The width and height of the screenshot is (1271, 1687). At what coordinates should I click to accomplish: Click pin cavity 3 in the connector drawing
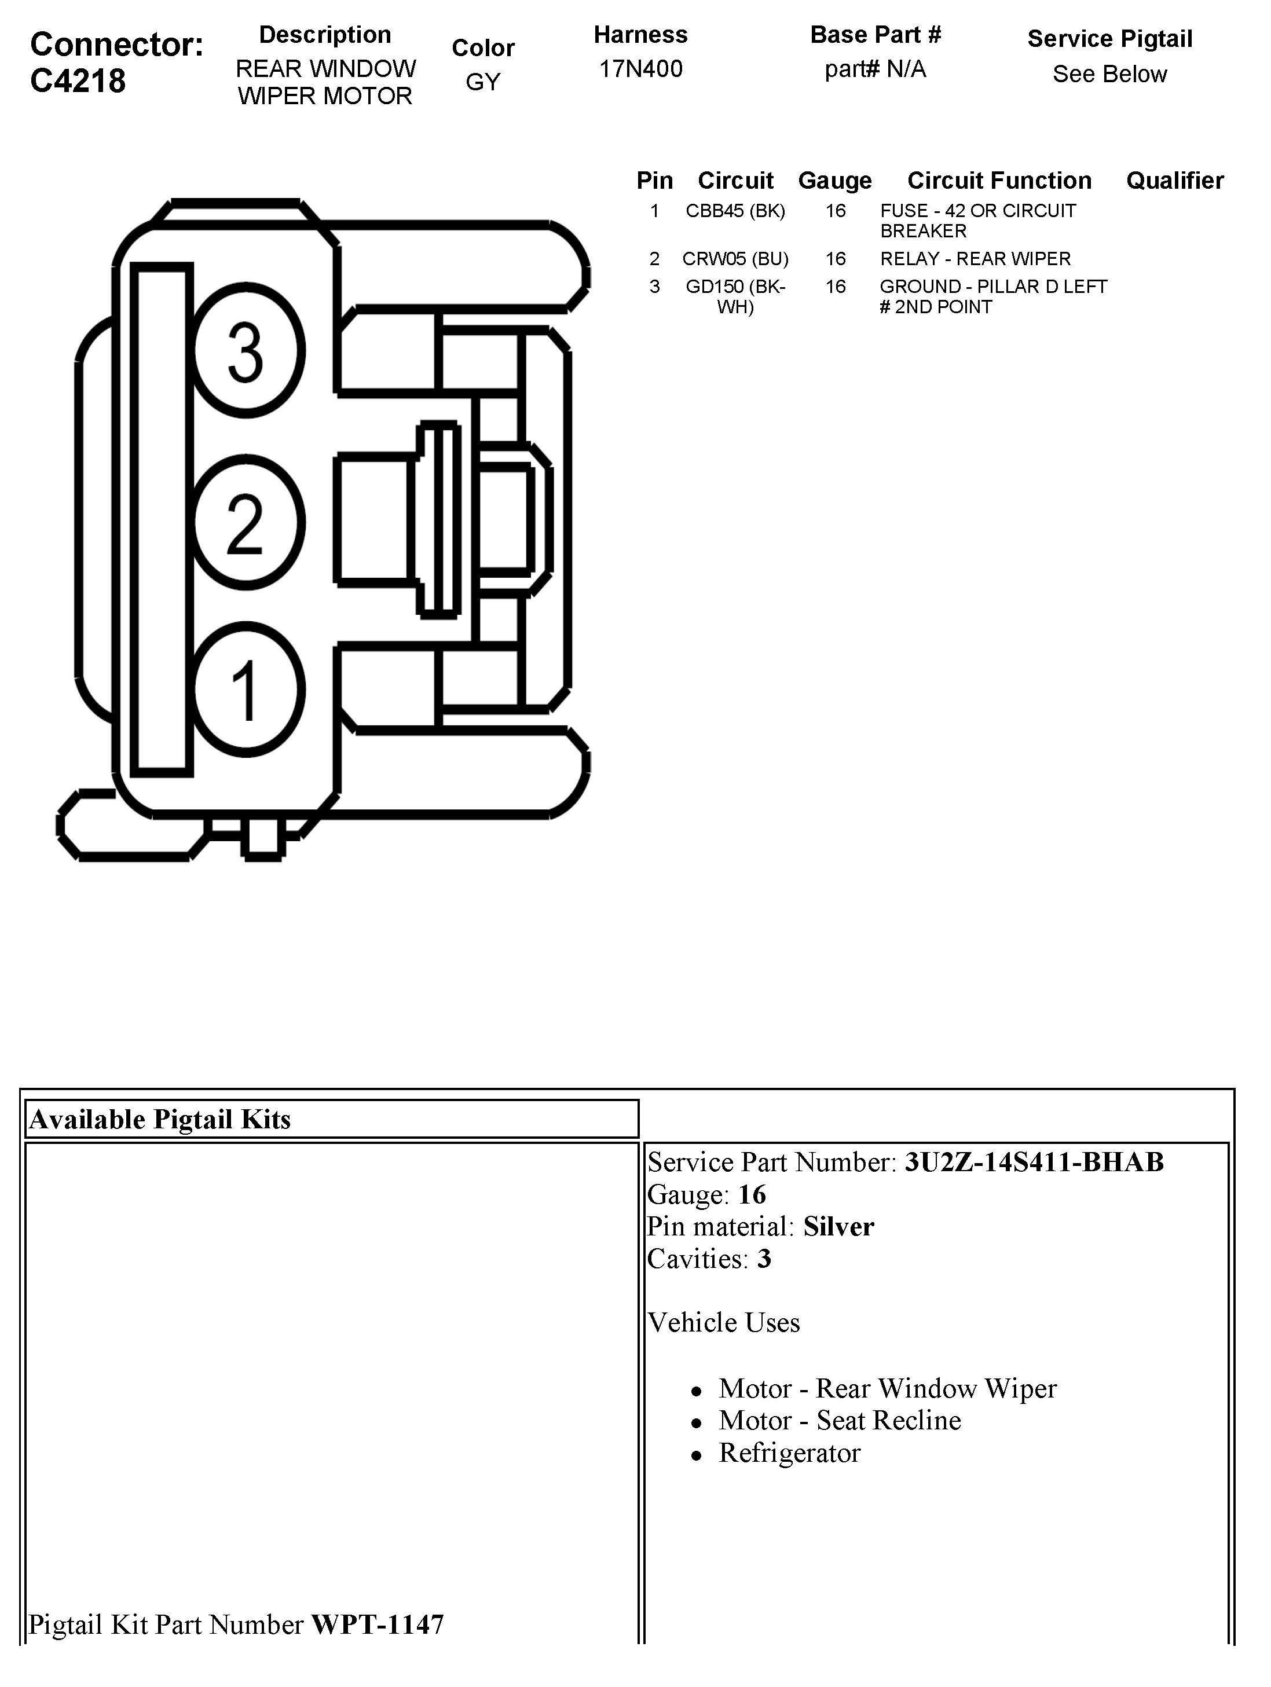click(x=247, y=351)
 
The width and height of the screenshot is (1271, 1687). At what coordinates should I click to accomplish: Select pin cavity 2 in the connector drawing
click(x=247, y=522)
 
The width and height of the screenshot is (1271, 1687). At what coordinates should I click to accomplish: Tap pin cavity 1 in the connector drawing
click(x=247, y=690)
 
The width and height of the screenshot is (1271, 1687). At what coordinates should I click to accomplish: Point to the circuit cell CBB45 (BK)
click(x=735, y=211)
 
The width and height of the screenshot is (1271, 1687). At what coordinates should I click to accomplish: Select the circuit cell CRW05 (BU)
click(x=735, y=259)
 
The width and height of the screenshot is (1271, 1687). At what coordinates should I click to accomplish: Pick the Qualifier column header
click(x=1174, y=181)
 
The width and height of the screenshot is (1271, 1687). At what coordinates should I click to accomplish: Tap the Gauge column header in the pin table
click(x=834, y=181)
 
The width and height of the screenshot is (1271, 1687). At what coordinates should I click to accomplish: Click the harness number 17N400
click(x=640, y=69)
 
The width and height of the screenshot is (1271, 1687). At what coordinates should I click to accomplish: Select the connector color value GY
click(x=483, y=82)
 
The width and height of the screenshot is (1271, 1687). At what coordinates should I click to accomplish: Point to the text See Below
click(x=1109, y=75)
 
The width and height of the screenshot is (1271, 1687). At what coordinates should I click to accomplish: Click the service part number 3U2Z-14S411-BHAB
click(x=1034, y=1162)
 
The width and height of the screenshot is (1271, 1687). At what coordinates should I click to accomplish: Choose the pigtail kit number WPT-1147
click(x=377, y=1624)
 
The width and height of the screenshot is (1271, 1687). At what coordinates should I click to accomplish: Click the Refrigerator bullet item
click(x=789, y=1453)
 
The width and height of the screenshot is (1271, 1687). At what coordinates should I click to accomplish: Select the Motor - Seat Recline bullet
click(x=839, y=1420)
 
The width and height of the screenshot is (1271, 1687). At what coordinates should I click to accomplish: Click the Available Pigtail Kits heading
click(x=160, y=1120)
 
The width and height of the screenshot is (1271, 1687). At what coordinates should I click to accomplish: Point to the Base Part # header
click(x=875, y=35)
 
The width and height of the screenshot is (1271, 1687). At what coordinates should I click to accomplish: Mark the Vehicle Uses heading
click(x=723, y=1322)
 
